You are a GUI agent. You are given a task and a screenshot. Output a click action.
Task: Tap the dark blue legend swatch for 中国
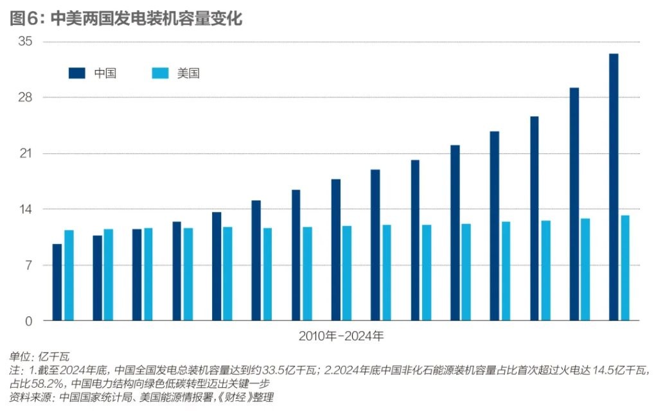(76, 73)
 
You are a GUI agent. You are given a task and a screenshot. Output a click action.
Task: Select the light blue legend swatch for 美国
(159, 73)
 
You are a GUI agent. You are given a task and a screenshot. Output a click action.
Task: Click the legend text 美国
(188, 73)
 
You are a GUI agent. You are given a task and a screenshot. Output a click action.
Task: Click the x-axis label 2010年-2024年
(341, 336)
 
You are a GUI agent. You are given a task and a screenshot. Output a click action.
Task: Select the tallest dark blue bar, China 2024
(614, 187)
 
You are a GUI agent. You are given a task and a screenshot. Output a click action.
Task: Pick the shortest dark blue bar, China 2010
(57, 283)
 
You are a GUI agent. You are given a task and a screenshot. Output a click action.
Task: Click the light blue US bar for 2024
(625, 268)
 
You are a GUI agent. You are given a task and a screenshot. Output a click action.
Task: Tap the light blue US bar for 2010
(69, 275)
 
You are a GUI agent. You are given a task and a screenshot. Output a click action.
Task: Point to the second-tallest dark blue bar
(574, 204)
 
